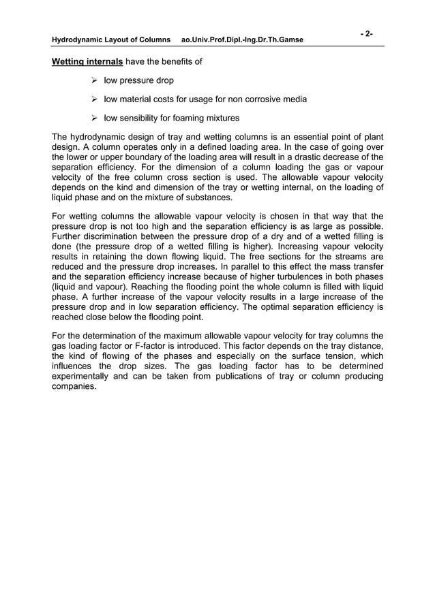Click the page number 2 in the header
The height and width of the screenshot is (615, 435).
pos(367,33)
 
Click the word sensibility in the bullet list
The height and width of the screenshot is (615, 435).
pos(140,119)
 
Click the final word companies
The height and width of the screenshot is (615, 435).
pos(74,386)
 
